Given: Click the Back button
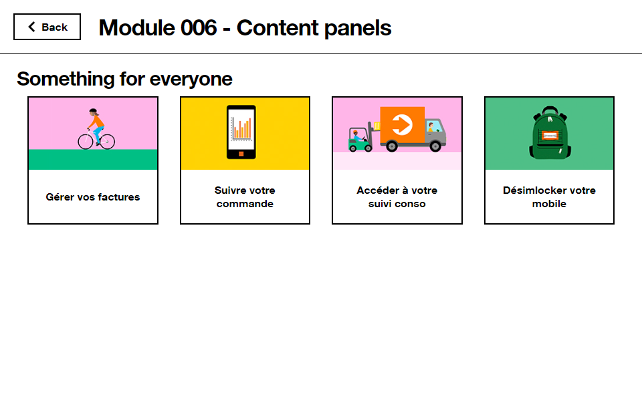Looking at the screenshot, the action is coord(47,27).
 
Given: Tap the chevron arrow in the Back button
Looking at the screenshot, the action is coord(31,27).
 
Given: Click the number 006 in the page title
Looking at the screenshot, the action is coord(199,28).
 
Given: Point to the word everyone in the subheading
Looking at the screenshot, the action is coord(191,79).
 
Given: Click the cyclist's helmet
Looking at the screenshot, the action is coord(94,111).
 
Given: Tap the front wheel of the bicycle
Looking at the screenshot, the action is coord(107,142).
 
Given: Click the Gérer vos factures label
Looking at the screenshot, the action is coord(93,197).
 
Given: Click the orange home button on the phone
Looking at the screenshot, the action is coord(241,154).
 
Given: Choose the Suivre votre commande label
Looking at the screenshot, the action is coord(245,197).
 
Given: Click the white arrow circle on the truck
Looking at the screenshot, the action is coord(402,125).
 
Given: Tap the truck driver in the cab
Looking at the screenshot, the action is coord(431,127).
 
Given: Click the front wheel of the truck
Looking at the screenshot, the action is coord(435,146).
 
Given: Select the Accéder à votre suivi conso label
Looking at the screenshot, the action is coord(397,197).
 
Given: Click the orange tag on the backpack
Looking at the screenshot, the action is coord(550,136).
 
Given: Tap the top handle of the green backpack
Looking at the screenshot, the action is coord(550,110).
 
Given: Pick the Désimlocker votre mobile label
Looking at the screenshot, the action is coord(550,197).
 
